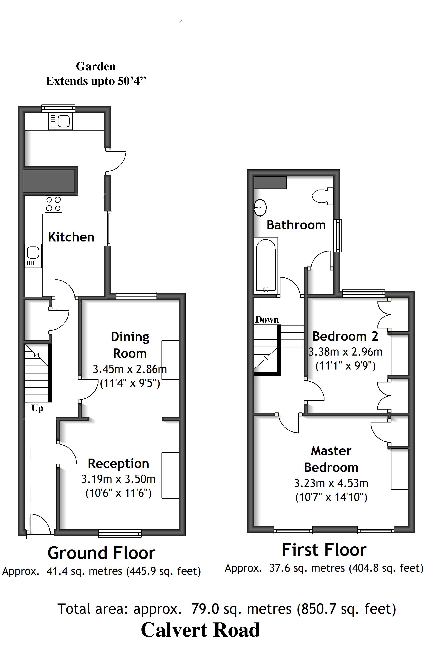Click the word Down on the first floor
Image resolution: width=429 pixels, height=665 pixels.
[267, 319]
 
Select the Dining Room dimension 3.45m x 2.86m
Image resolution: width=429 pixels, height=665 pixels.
[130, 369]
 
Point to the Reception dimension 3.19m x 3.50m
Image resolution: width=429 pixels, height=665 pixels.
[118, 479]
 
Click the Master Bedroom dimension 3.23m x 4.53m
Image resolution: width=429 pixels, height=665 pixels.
[331, 483]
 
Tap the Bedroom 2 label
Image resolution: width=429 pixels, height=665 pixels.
[345, 336]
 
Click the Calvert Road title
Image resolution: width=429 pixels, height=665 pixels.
[200, 630]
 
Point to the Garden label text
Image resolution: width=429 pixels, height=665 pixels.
[96, 67]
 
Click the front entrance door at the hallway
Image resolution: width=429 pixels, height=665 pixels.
[40, 525]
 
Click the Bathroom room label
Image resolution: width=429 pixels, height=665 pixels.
[296, 225]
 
